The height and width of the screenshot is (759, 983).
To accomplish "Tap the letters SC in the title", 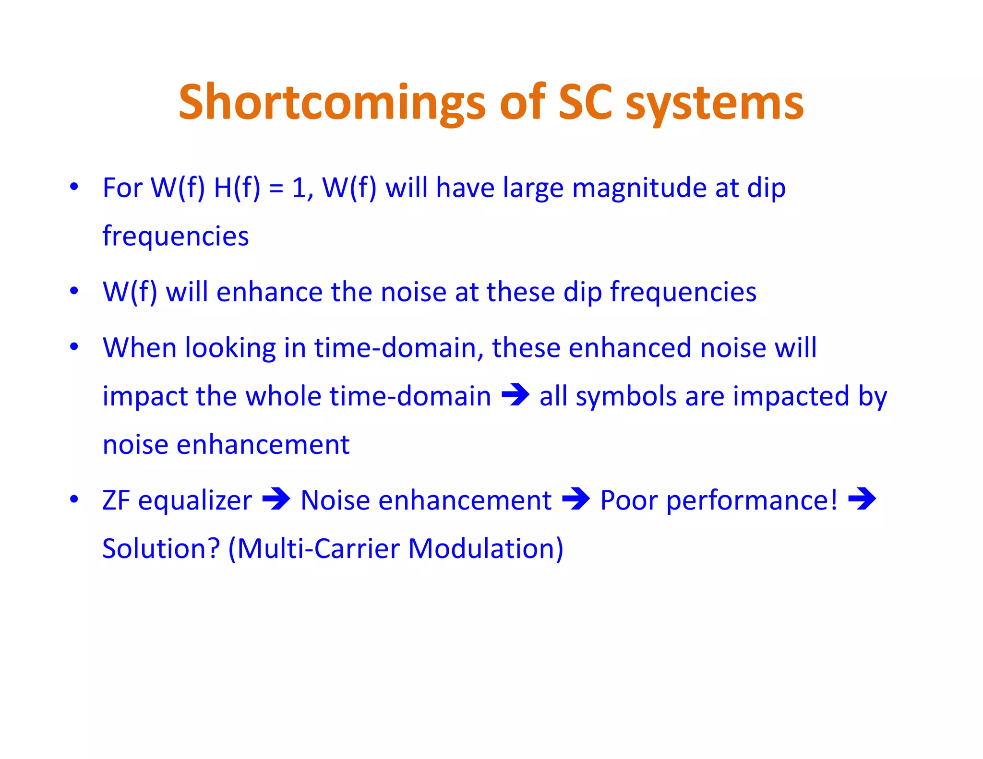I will click(x=585, y=102).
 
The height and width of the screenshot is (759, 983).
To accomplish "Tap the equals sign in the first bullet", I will click(x=276, y=188).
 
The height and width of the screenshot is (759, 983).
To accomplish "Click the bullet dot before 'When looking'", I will click(x=74, y=346).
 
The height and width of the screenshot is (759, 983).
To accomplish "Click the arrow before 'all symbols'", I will click(x=515, y=394).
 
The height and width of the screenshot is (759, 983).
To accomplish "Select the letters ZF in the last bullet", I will click(x=116, y=500).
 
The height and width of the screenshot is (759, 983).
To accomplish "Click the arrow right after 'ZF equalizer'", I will click(x=276, y=498).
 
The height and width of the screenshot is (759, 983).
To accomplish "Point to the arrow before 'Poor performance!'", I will click(x=575, y=498).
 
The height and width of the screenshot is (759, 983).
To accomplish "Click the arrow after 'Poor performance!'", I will click(x=862, y=498).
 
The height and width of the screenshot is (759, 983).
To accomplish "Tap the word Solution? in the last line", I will click(x=161, y=548).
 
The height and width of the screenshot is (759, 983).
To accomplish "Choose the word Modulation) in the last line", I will click(x=485, y=548).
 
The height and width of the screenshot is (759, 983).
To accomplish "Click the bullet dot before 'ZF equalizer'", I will click(x=74, y=499).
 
